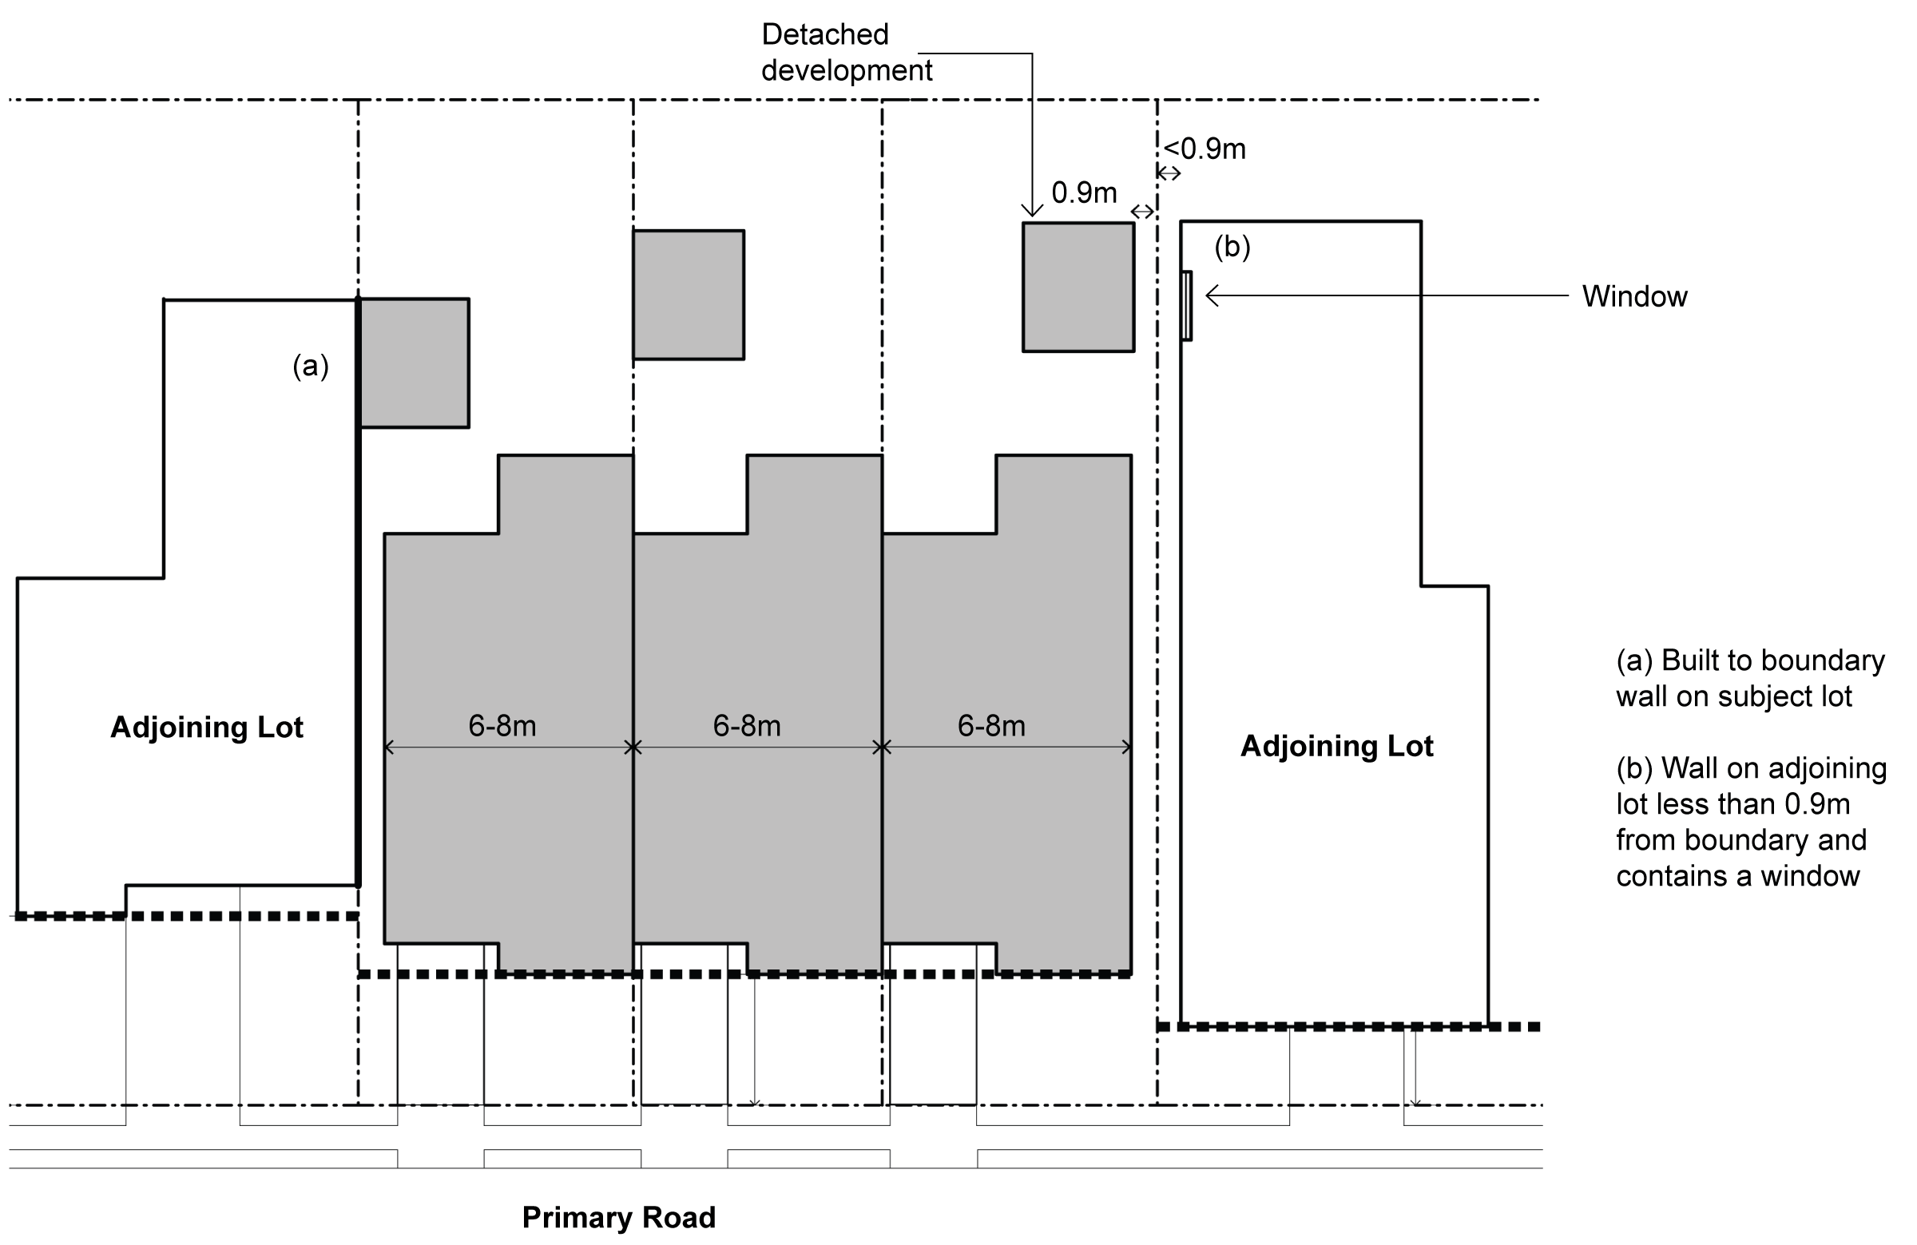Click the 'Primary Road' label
coord(617,1216)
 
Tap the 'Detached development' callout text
coord(846,53)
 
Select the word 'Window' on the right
coord(1633,296)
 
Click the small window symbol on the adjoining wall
coord(1186,306)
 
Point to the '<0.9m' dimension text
coord(1205,149)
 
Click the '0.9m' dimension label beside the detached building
coord(1083,192)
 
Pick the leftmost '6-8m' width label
coord(502,726)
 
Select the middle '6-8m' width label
coord(747,726)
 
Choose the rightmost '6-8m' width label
coord(990,726)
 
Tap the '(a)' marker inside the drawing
coord(310,366)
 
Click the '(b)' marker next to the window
coord(1232,247)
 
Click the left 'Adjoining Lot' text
coord(206,728)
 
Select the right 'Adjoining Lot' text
coord(1336,746)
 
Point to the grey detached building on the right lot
coord(1078,287)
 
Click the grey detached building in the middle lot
coord(688,295)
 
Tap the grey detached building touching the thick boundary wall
coord(414,363)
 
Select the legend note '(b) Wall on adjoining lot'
coord(1749,822)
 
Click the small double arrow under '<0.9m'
coord(1169,172)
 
